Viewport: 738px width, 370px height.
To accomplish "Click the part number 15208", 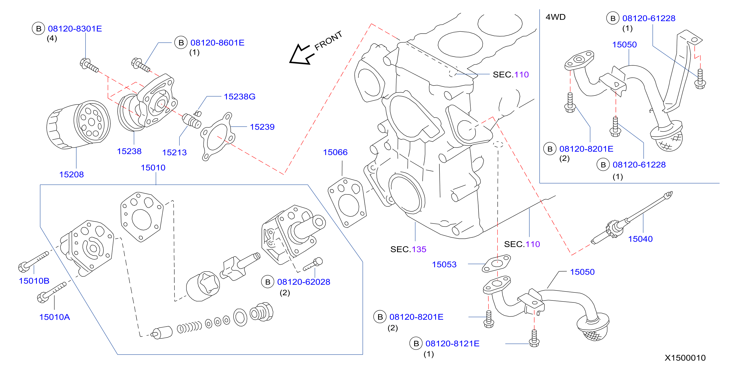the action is [x=71, y=174].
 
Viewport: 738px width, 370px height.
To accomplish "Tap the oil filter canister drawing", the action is [x=79, y=125].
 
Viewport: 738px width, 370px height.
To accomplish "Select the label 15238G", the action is [x=240, y=96].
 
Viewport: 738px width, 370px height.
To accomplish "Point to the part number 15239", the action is [x=262, y=127].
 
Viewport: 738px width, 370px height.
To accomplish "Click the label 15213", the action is [x=174, y=153].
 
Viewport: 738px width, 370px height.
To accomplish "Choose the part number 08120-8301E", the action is [x=75, y=29].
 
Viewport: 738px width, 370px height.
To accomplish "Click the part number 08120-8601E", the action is [x=217, y=43].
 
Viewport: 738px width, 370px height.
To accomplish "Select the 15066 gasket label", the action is [x=335, y=152].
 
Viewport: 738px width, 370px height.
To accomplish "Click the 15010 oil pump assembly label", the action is [x=153, y=167].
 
